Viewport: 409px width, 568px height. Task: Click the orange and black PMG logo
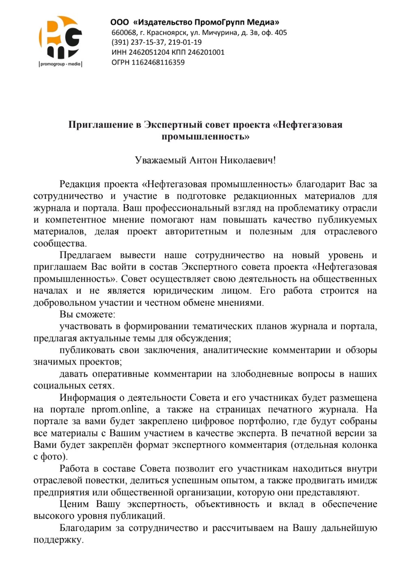(x=60, y=37)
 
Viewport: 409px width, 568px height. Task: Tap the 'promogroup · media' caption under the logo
(x=60, y=64)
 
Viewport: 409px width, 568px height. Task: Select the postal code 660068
(x=124, y=32)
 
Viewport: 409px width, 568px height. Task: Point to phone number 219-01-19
(x=185, y=42)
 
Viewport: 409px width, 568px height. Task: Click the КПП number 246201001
(x=206, y=52)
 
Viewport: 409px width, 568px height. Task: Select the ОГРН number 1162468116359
(x=158, y=63)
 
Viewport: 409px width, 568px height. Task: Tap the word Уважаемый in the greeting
(x=161, y=160)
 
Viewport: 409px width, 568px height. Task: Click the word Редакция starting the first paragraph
(x=80, y=184)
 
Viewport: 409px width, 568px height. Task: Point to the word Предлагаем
(x=85, y=255)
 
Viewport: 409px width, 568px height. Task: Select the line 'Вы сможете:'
(x=87, y=315)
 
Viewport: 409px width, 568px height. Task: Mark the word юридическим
(x=183, y=291)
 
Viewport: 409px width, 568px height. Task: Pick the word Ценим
(x=74, y=504)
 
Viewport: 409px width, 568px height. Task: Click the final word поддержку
(x=58, y=540)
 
